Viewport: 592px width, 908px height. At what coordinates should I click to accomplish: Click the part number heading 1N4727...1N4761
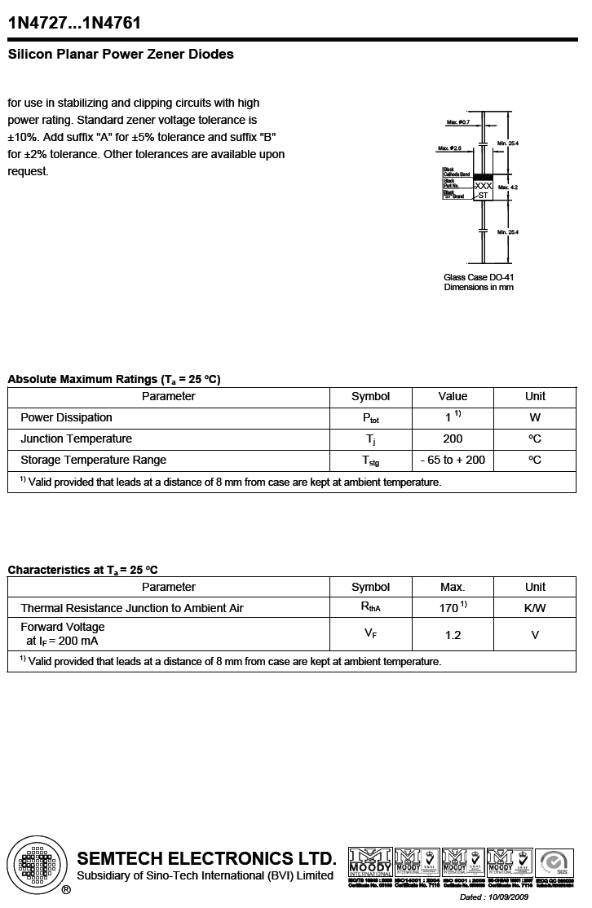coord(74,24)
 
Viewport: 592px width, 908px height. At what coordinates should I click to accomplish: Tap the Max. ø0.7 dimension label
coord(459,122)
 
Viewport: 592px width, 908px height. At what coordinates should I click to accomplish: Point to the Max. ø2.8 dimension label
coord(449,148)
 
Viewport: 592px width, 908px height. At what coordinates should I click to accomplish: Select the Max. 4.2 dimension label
coord(508,187)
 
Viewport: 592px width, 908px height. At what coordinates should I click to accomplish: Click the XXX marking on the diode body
coord(484,187)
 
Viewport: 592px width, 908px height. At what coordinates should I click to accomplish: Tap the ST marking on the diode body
coord(484,196)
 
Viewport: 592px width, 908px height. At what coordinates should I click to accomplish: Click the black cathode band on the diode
coord(484,177)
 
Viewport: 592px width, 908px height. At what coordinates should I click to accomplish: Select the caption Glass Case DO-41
coord(479,277)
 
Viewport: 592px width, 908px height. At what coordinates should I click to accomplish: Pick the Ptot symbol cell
coord(370,418)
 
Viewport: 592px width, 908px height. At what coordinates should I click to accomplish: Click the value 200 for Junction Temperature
coord(453,439)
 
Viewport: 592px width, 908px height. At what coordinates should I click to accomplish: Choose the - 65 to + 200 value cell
coord(453,460)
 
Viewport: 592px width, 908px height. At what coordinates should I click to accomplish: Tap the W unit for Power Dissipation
coord(535,417)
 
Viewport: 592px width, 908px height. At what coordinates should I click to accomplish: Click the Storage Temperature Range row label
coord(93,460)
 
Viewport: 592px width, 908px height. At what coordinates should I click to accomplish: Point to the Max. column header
coord(453,587)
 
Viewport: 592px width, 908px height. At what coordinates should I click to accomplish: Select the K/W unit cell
coord(535,608)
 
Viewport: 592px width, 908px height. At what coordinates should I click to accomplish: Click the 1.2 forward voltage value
coord(453,635)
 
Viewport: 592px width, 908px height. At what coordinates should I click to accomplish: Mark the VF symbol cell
coord(370,634)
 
